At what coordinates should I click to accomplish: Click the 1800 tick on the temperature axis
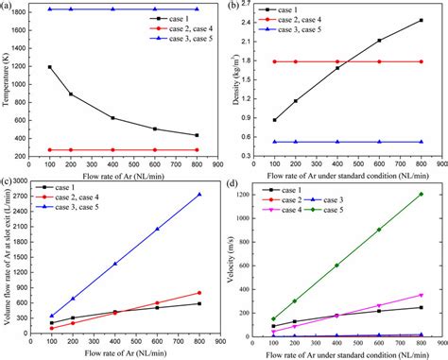point(23,9)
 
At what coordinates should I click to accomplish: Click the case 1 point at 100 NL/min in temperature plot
point(49,67)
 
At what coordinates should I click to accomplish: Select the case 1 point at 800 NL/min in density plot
point(421,20)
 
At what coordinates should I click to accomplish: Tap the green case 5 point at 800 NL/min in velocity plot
point(421,195)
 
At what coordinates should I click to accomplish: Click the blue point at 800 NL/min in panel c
point(198,195)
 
